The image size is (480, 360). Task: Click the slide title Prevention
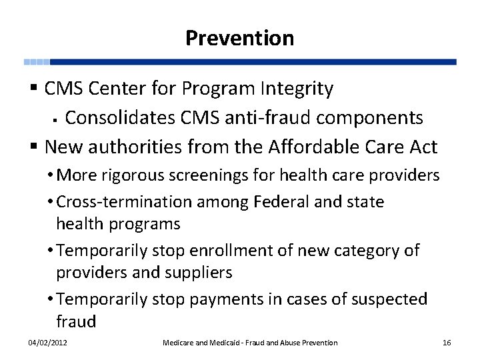point(239,38)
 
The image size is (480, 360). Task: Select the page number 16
point(447,343)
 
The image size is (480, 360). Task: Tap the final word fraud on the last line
point(76,322)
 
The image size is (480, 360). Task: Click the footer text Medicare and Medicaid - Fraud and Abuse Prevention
point(250,343)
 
